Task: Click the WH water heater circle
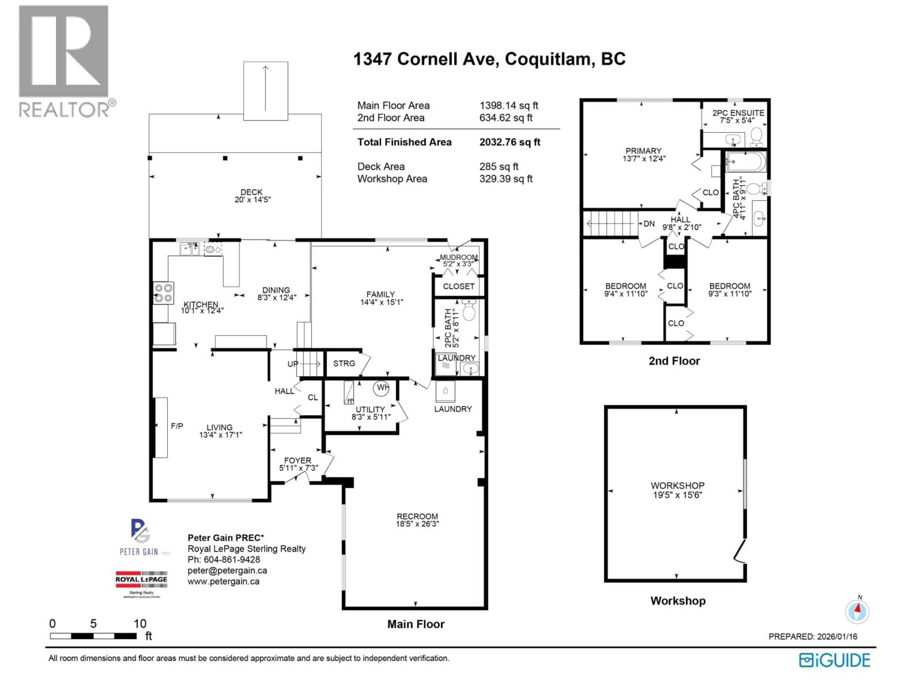coord(381,388)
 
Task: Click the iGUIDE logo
coord(834,660)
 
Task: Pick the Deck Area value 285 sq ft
coord(498,167)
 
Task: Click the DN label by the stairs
coord(649,223)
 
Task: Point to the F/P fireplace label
coord(177,426)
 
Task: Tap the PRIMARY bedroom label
coord(643,154)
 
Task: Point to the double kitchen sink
coord(190,249)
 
